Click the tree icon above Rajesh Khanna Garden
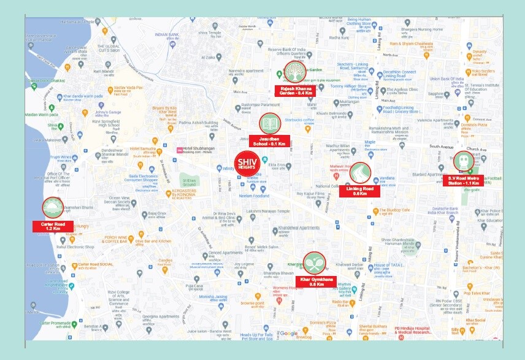pos(294,72)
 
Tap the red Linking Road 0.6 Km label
pos(359,190)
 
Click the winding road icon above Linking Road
pos(359,172)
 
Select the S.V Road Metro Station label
pos(464,180)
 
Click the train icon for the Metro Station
pos(464,162)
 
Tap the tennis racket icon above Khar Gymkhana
pos(315,262)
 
